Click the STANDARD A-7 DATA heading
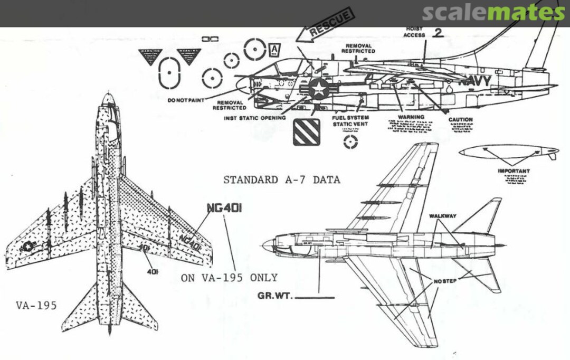(281, 180)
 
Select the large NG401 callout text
(224, 208)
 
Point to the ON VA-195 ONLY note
(229, 278)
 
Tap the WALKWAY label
(442, 216)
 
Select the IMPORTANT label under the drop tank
(514, 171)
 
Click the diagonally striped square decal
(306, 131)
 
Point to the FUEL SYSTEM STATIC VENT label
(350, 121)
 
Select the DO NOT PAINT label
(186, 100)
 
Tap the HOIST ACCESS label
(414, 32)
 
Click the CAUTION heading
(460, 120)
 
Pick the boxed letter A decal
(275, 51)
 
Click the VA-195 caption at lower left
(36, 306)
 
